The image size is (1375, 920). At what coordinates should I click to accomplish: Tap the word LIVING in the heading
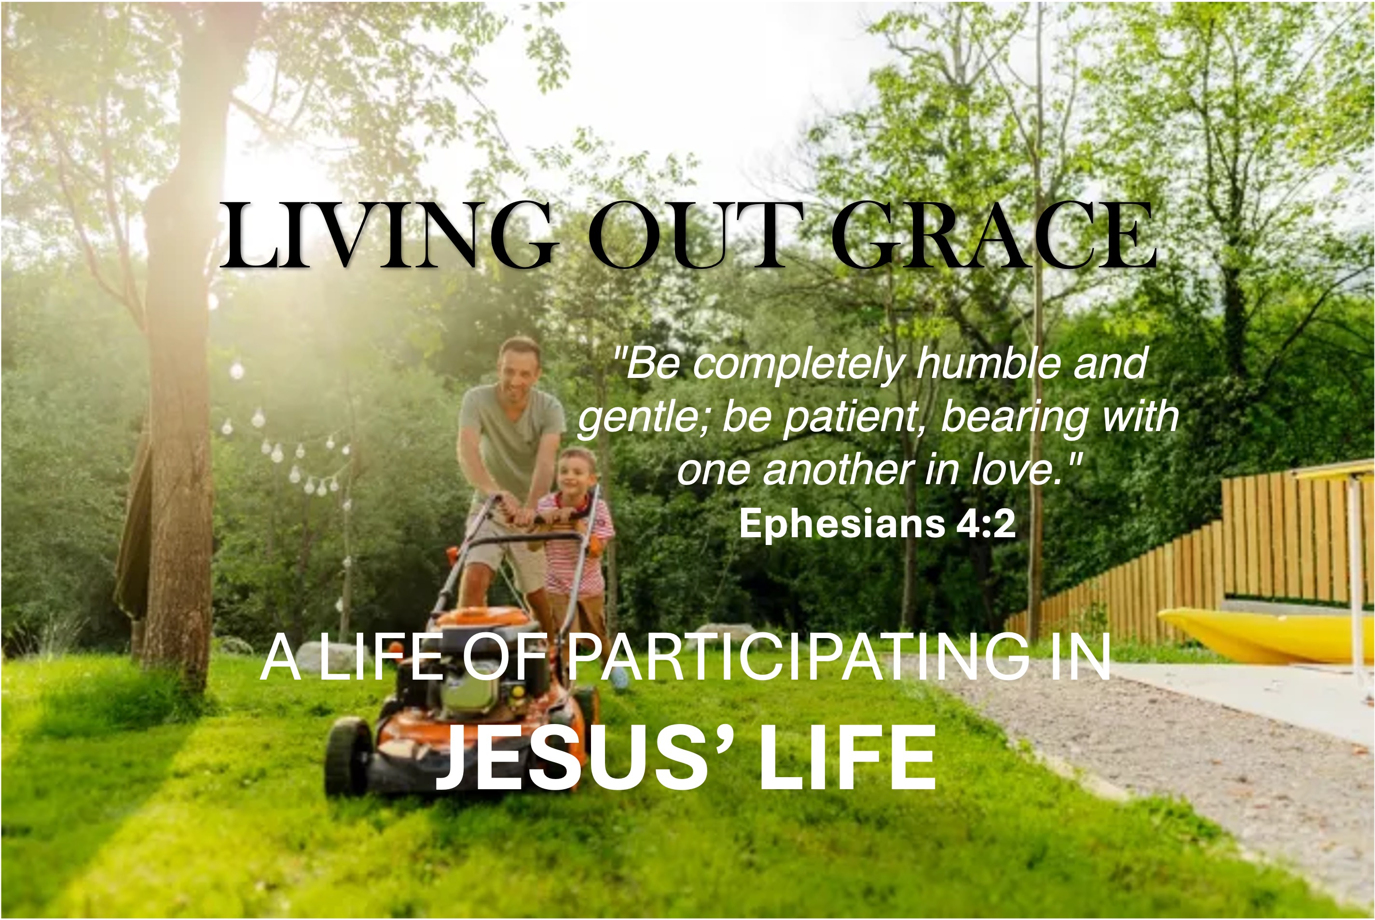(x=387, y=235)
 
